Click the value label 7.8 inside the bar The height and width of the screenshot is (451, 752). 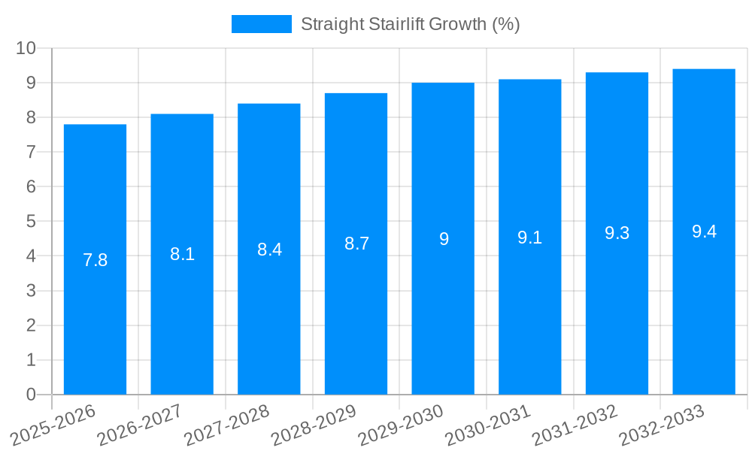click(95, 260)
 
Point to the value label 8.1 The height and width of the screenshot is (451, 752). click(182, 254)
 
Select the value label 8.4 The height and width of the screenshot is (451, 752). click(269, 250)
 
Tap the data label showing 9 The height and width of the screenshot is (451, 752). click(444, 239)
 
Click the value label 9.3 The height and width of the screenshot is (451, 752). click(617, 233)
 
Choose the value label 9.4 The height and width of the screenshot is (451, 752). click(704, 232)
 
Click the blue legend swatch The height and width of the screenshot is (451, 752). click(261, 24)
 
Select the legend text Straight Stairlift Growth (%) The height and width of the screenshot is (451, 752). click(410, 24)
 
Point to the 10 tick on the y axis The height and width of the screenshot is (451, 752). click(26, 48)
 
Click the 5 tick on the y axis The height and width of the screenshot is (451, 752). click(31, 222)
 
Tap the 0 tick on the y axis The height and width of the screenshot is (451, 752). click(31, 395)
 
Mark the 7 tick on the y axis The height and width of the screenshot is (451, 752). click(31, 152)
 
